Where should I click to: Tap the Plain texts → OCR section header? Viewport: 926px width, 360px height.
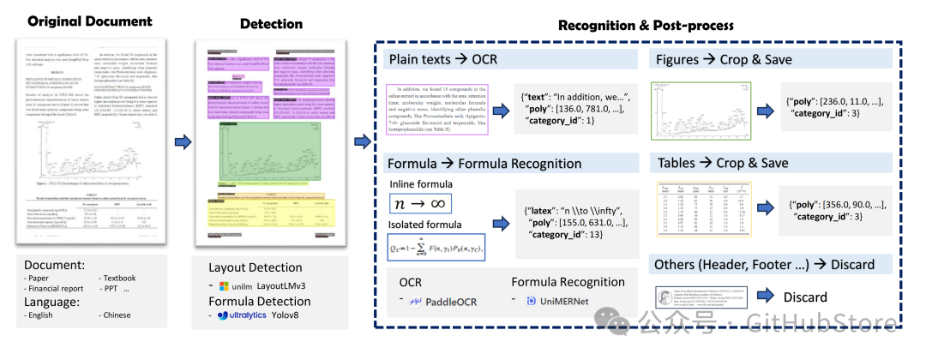click(443, 60)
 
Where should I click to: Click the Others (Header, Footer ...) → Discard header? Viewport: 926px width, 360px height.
click(765, 264)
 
